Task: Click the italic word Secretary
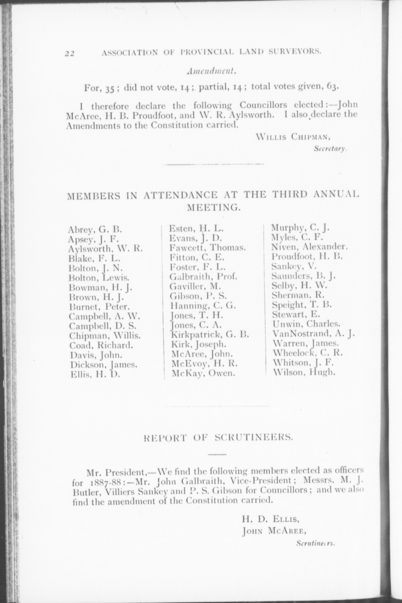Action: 330,149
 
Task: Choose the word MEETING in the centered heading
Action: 214,208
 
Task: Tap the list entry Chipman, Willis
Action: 105,336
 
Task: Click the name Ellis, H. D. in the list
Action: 95,375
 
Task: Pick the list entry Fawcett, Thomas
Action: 208,248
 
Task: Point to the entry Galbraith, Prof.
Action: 203,277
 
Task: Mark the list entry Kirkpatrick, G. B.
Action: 209,335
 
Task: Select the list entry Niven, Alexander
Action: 309,247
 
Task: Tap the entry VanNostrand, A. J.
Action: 314,334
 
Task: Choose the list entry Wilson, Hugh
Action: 304,372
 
